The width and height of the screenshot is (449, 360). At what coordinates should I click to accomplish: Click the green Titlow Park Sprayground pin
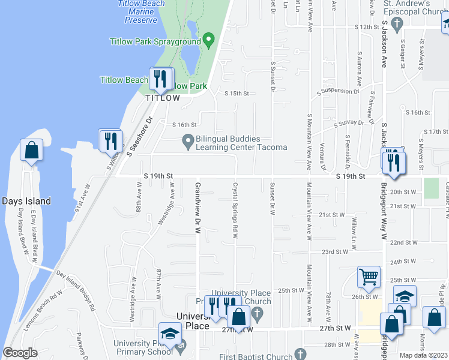209,41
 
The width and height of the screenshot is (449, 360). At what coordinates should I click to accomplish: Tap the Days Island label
26,201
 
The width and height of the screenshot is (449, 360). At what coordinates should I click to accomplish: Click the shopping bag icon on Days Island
31,150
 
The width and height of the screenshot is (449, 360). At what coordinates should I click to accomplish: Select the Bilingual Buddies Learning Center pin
188,143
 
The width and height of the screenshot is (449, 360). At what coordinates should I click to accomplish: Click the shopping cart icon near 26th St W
369,277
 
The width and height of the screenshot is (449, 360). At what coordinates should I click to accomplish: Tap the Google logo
20,353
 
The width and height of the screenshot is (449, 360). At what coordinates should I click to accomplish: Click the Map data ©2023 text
423,355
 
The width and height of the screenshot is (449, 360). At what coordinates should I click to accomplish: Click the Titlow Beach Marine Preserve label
142,12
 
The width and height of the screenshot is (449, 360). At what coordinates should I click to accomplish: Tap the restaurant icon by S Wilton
110,140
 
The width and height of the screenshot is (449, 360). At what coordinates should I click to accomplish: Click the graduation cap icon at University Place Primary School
170,334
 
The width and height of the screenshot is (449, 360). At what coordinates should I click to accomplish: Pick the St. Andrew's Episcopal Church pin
396,24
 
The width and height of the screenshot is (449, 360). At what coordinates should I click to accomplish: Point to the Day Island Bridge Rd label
76,290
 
